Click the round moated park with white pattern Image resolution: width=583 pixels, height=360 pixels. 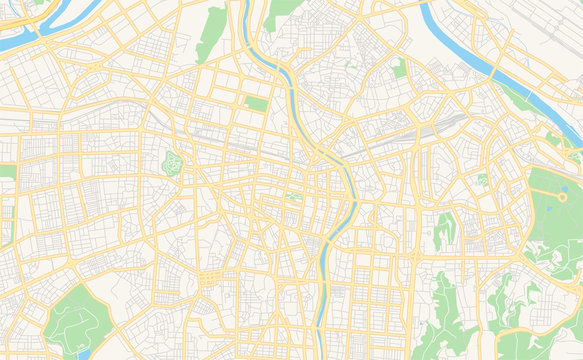click(174, 162)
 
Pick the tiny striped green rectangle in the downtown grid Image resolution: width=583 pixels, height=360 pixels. click(294, 196)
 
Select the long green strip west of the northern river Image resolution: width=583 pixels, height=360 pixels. click(212, 33)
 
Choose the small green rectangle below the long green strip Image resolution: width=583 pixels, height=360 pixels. click(257, 103)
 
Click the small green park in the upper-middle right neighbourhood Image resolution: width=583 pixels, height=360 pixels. click(400, 68)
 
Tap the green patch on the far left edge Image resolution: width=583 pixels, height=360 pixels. click(7, 171)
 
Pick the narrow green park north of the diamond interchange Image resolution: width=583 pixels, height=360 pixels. click(445, 227)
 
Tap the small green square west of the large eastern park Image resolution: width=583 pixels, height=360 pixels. click(482, 180)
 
